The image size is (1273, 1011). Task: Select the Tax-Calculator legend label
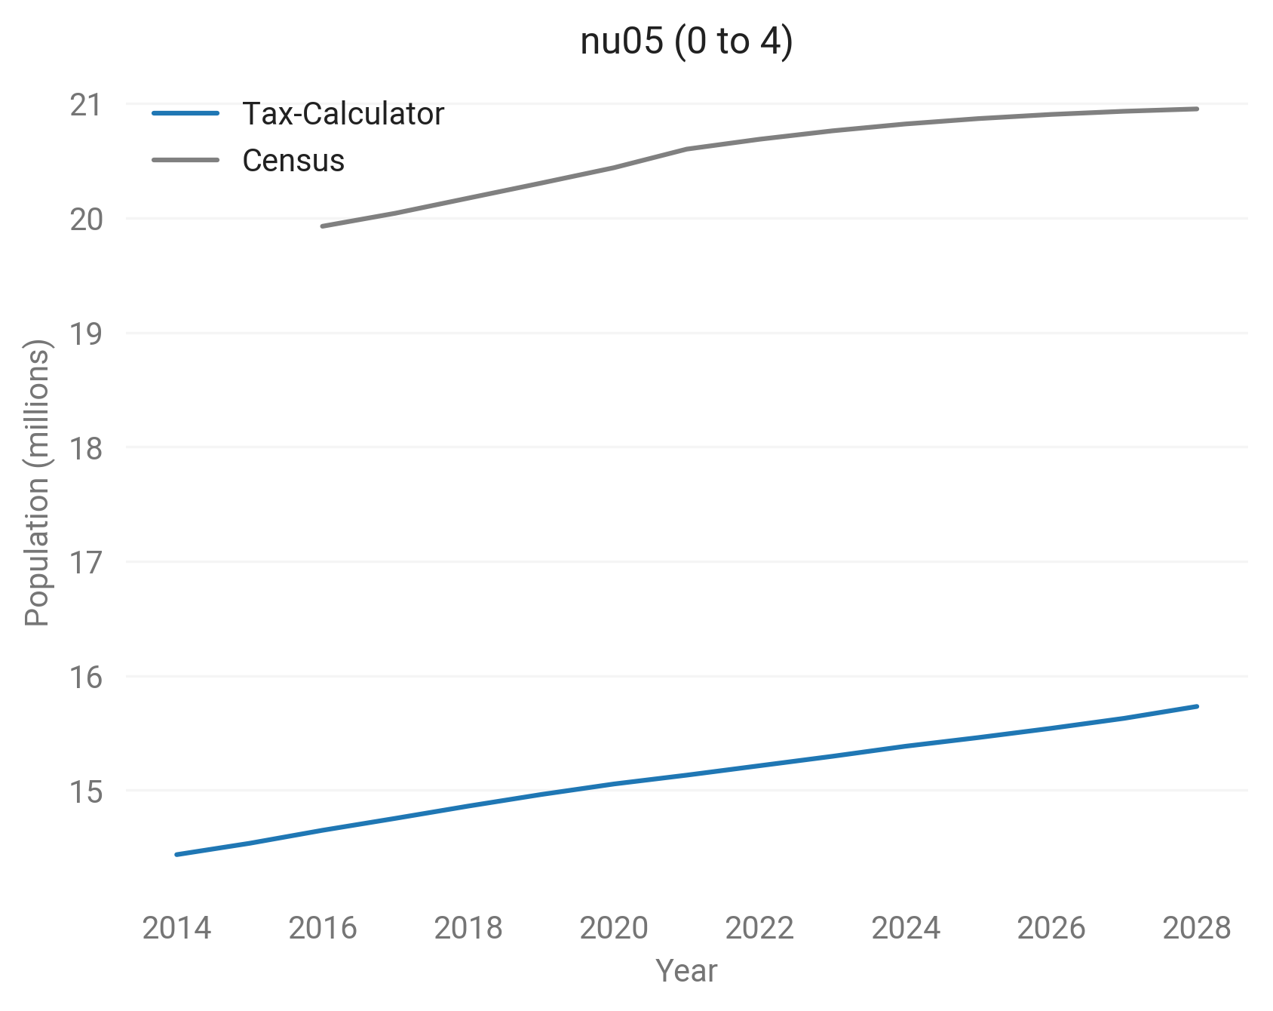pyautogui.click(x=342, y=114)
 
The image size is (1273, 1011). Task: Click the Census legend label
pyautogui.click(x=293, y=161)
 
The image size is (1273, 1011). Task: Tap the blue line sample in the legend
pyautogui.click(x=186, y=114)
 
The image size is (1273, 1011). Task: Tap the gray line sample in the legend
pyautogui.click(x=186, y=161)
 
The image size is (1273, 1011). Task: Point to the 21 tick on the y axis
pyautogui.click(x=85, y=105)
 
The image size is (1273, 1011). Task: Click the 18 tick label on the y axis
pyautogui.click(x=85, y=448)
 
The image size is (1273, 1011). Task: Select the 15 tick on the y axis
pyautogui.click(x=85, y=791)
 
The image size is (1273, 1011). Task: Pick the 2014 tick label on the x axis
pyautogui.click(x=176, y=928)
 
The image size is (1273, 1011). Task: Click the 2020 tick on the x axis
pyautogui.click(x=614, y=928)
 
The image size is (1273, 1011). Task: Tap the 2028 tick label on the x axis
pyautogui.click(x=1197, y=928)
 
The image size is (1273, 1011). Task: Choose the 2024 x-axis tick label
pyautogui.click(x=906, y=928)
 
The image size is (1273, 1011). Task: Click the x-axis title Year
pyautogui.click(x=686, y=971)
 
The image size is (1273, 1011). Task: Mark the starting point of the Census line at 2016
pyautogui.click(x=322, y=226)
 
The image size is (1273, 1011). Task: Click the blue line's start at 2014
pyautogui.click(x=176, y=854)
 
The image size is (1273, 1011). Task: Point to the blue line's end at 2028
pyautogui.click(x=1197, y=706)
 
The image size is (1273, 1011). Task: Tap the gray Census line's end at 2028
pyautogui.click(x=1197, y=109)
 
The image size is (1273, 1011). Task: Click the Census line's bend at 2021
pyautogui.click(x=687, y=149)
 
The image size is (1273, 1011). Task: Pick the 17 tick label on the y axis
pyautogui.click(x=85, y=562)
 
